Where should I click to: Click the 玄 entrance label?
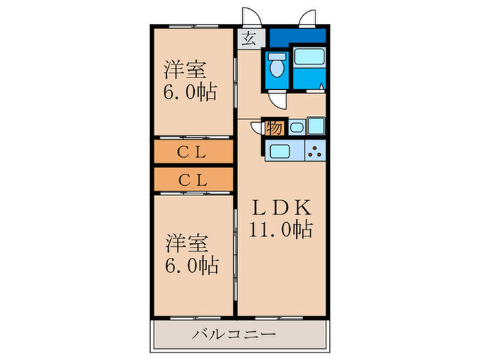coord(248,38)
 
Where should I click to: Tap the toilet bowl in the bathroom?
coord(277,67)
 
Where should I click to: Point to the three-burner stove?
coord(315,151)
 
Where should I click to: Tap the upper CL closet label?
coord(193,153)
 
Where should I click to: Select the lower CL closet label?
coord(193,180)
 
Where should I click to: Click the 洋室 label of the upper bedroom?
coord(184,70)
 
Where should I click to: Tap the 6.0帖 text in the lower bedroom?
coord(191,265)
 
